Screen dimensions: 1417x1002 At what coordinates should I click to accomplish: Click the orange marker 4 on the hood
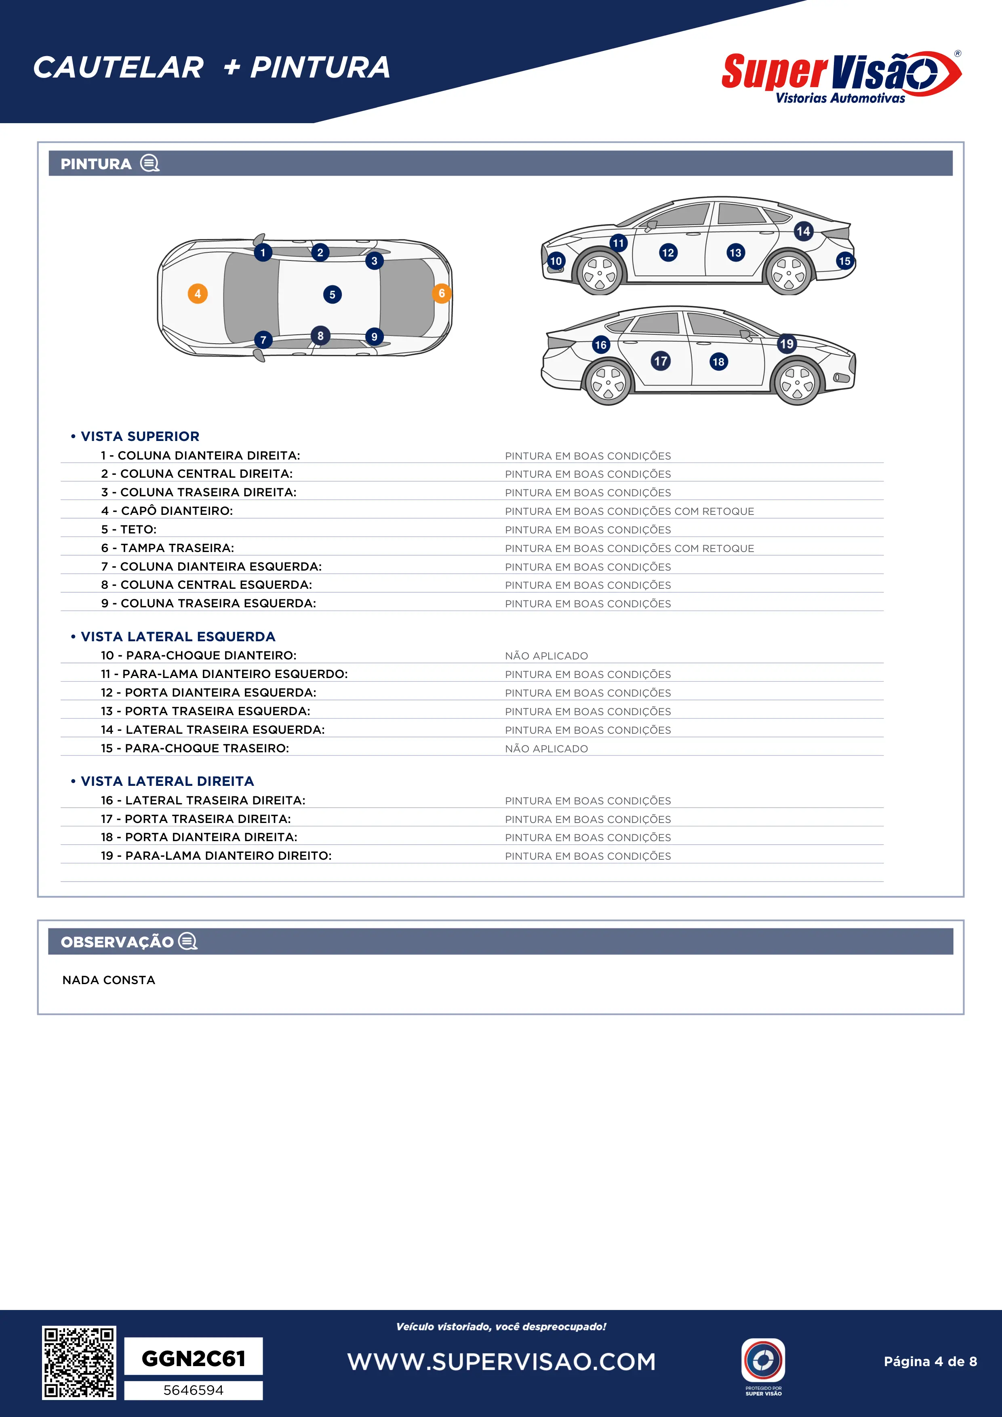point(198,294)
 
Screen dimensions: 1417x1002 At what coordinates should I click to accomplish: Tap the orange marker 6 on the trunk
point(442,293)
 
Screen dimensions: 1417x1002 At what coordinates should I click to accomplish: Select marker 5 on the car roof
point(332,294)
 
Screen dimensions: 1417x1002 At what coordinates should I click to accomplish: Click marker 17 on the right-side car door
point(661,361)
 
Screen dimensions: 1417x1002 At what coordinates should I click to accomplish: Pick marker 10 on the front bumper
point(556,261)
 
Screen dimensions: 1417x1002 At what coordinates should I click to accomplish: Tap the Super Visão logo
point(841,77)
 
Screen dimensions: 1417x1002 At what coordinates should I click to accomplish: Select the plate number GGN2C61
point(193,1358)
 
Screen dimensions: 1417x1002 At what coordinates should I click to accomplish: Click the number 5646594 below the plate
point(193,1390)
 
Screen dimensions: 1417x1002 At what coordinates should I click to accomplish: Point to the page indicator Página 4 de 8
point(930,1361)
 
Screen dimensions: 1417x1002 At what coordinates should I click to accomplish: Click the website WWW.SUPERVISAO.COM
point(501,1361)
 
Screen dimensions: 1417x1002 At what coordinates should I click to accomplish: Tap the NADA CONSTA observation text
point(109,980)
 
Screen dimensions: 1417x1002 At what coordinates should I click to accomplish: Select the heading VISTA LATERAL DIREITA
point(167,781)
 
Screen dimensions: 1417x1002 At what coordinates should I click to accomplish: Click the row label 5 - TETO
point(129,529)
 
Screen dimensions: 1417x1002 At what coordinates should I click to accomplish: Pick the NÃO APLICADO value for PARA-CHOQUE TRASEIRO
point(546,749)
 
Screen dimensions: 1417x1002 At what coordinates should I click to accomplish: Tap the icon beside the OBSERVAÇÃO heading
point(188,941)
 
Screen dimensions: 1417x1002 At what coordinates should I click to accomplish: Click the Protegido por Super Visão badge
point(763,1366)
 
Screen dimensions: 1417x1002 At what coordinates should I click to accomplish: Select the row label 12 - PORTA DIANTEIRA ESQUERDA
point(208,693)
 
